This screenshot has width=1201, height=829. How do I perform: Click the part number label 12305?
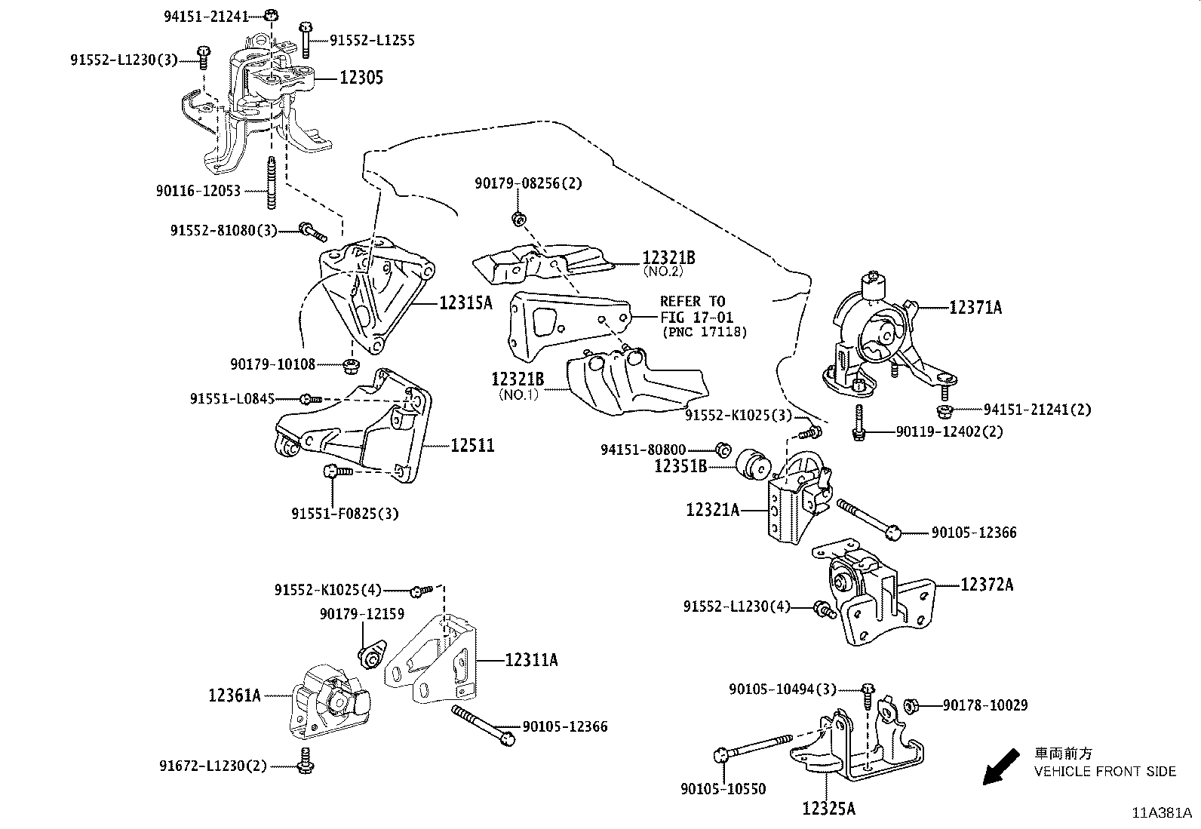(x=361, y=78)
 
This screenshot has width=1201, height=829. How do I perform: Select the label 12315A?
(x=465, y=303)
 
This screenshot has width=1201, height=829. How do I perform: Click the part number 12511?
(x=472, y=446)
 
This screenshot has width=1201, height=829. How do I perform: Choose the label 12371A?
(x=975, y=307)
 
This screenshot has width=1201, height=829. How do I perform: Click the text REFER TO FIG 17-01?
(x=696, y=309)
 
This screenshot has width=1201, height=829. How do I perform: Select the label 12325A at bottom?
(x=828, y=809)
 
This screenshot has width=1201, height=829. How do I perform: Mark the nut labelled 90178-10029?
(x=910, y=705)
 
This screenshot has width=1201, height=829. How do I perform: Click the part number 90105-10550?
(x=723, y=789)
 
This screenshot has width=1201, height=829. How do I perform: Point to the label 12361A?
(x=235, y=695)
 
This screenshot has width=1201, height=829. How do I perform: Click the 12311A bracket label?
(x=531, y=660)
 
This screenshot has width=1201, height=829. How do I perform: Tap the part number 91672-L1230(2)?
(x=213, y=766)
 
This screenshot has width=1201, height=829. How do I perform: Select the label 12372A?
(x=987, y=585)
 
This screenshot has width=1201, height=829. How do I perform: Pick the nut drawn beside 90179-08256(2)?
(x=518, y=220)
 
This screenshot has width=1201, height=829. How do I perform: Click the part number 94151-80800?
(x=643, y=450)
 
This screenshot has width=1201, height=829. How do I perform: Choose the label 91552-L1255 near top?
(x=372, y=41)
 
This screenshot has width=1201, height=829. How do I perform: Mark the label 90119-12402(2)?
(x=949, y=432)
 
